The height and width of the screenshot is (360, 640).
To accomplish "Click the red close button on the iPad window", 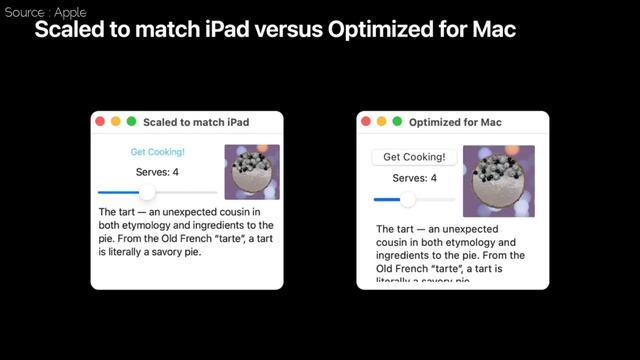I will [x=100, y=122].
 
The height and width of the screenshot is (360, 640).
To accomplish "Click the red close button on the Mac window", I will [x=366, y=122].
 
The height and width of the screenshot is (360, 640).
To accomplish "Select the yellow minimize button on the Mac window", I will [x=382, y=122].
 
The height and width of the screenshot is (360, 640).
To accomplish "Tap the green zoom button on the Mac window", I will [x=397, y=122].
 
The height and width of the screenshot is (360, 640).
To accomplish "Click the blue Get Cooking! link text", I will [x=157, y=152].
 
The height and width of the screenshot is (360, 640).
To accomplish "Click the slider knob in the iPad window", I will [x=147, y=192].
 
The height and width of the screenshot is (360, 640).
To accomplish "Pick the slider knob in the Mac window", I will [x=407, y=200].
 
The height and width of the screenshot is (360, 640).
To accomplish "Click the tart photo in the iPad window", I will [x=252, y=172].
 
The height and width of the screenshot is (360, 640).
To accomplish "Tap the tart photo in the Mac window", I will [x=499, y=181].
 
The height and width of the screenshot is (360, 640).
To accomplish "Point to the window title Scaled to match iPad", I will [x=196, y=122].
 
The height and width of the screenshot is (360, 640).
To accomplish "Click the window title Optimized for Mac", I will [x=462, y=122].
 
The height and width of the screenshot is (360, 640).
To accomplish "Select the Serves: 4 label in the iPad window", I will [x=157, y=172].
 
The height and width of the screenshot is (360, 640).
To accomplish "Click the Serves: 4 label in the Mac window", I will [x=414, y=178].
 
